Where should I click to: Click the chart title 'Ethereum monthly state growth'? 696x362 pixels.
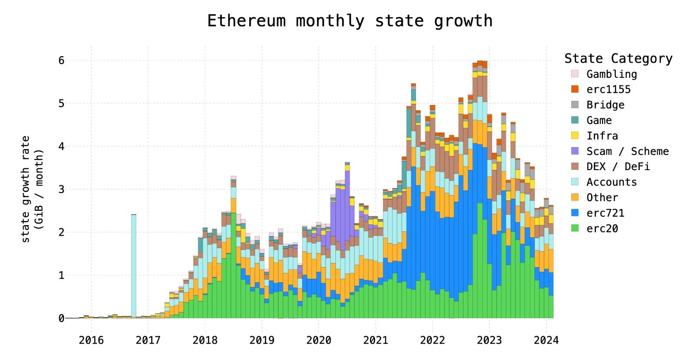[x=349, y=21]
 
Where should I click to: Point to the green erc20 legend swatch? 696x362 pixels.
[x=575, y=228]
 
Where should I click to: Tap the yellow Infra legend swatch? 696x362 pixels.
[x=575, y=136]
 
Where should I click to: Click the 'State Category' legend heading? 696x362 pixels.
[x=618, y=58]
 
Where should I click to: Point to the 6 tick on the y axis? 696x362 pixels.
[x=61, y=60]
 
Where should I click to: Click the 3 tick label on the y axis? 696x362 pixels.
[x=61, y=189]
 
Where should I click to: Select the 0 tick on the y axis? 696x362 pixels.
[x=61, y=318]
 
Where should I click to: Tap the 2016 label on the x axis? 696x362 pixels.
[x=91, y=340]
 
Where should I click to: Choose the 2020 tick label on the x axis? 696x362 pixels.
[x=318, y=340]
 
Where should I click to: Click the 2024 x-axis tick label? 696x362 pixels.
[x=546, y=340]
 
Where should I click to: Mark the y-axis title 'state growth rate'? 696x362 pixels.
[x=26, y=189]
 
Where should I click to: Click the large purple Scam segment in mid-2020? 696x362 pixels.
[x=340, y=213]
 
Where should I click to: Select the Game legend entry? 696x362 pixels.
[x=599, y=121]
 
